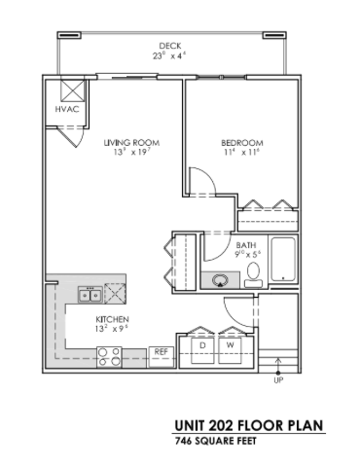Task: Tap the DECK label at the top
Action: tap(171, 46)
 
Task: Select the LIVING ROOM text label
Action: tap(131, 142)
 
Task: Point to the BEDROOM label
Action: tap(236, 142)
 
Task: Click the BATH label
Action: tap(247, 245)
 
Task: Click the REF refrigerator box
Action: tap(161, 351)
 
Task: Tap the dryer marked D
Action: tap(202, 345)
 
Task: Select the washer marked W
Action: tap(231, 345)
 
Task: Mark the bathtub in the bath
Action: tap(283, 262)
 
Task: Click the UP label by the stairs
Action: tap(279, 380)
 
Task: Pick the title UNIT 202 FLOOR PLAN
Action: tap(248, 425)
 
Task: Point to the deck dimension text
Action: tap(171, 56)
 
